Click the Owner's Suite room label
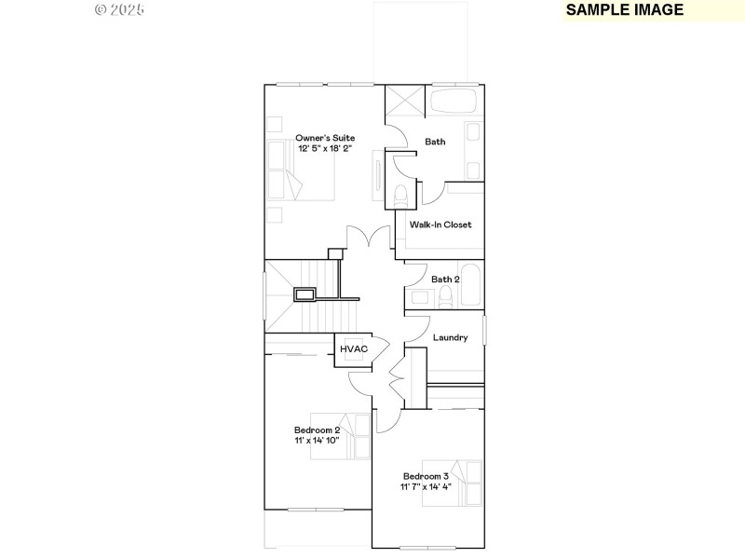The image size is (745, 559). (x=325, y=137)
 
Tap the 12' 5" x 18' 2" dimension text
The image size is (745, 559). (x=325, y=148)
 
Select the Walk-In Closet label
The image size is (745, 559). (x=440, y=225)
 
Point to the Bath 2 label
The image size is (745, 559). (x=445, y=279)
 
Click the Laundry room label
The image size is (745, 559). (x=450, y=337)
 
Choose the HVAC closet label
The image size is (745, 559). (x=354, y=349)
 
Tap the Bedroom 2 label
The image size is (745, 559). (x=311, y=430)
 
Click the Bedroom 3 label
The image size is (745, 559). (x=427, y=476)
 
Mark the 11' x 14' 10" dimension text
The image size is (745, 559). (x=311, y=441)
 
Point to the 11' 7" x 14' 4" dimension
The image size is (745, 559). (x=427, y=486)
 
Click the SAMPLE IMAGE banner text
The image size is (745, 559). (x=625, y=10)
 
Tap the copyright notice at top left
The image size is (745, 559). (x=120, y=10)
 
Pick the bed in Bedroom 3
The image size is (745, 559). (x=452, y=483)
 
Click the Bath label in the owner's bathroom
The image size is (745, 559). (x=435, y=142)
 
